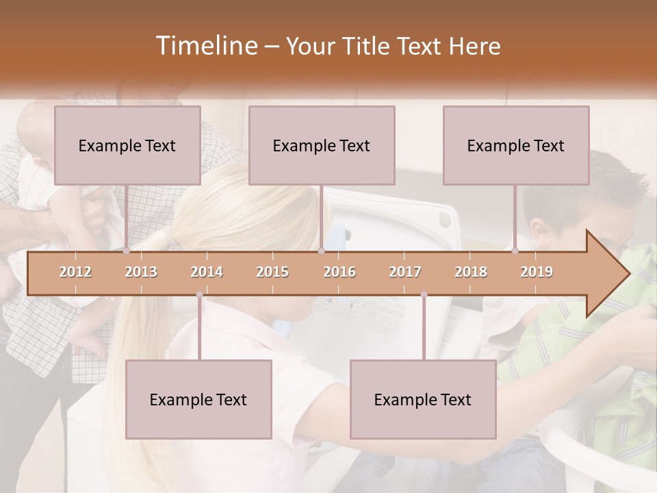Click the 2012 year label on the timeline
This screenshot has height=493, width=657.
(x=75, y=272)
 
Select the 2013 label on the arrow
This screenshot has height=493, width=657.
(x=141, y=272)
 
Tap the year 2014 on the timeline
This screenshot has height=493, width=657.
(x=207, y=272)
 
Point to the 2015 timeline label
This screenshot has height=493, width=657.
(x=272, y=272)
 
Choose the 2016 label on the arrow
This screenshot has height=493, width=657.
(x=339, y=272)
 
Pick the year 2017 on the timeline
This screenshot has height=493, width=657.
(x=405, y=272)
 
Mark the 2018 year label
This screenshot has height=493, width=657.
(x=471, y=272)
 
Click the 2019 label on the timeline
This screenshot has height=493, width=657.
(x=537, y=272)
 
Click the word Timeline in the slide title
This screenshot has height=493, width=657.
(x=205, y=46)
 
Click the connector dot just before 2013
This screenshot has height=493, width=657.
(x=127, y=251)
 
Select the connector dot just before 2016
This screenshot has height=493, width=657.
(x=321, y=251)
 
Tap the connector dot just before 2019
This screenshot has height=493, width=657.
(x=515, y=251)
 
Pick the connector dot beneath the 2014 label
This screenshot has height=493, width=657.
(x=199, y=294)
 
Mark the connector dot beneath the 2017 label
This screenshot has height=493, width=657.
(x=424, y=294)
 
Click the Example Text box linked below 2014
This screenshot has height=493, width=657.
(x=198, y=399)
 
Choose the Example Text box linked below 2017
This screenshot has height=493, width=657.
(x=423, y=399)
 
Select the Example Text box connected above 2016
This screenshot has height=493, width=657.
(x=322, y=145)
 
